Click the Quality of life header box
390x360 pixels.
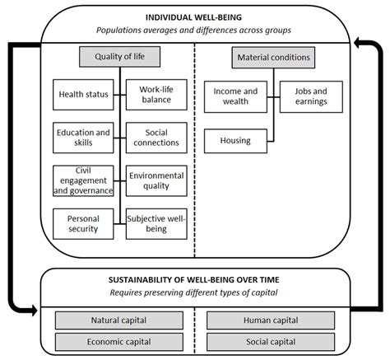point(119,57)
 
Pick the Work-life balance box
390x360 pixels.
point(155,94)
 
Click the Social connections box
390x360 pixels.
point(155,137)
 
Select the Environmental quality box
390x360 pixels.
point(155,180)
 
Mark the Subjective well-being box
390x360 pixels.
point(155,223)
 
